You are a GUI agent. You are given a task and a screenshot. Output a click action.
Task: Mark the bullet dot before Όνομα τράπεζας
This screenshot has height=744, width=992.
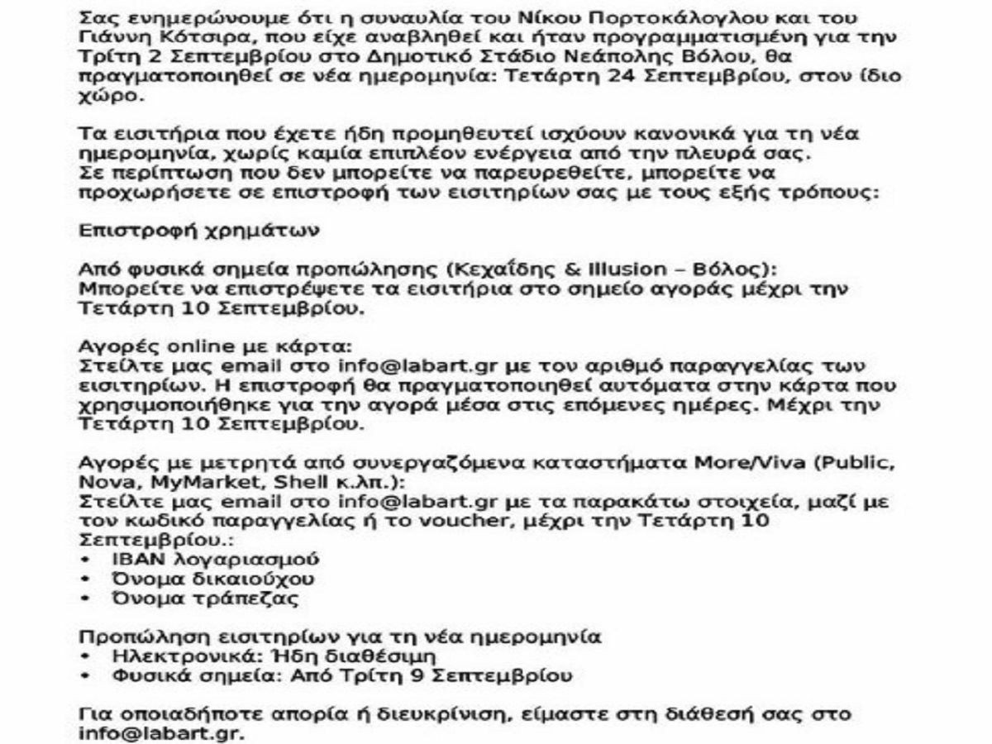(x=86, y=599)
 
